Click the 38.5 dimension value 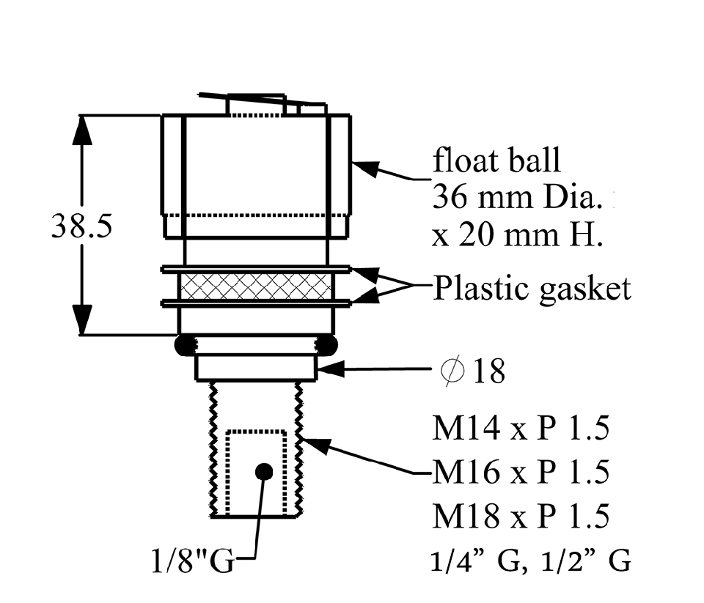point(81,226)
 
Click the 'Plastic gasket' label point(532,289)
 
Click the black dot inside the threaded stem point(264,472)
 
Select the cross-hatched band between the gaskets point(255,286)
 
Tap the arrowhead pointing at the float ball point(365,170)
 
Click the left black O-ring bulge point(185,344)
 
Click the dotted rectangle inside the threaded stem point(255,472)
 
